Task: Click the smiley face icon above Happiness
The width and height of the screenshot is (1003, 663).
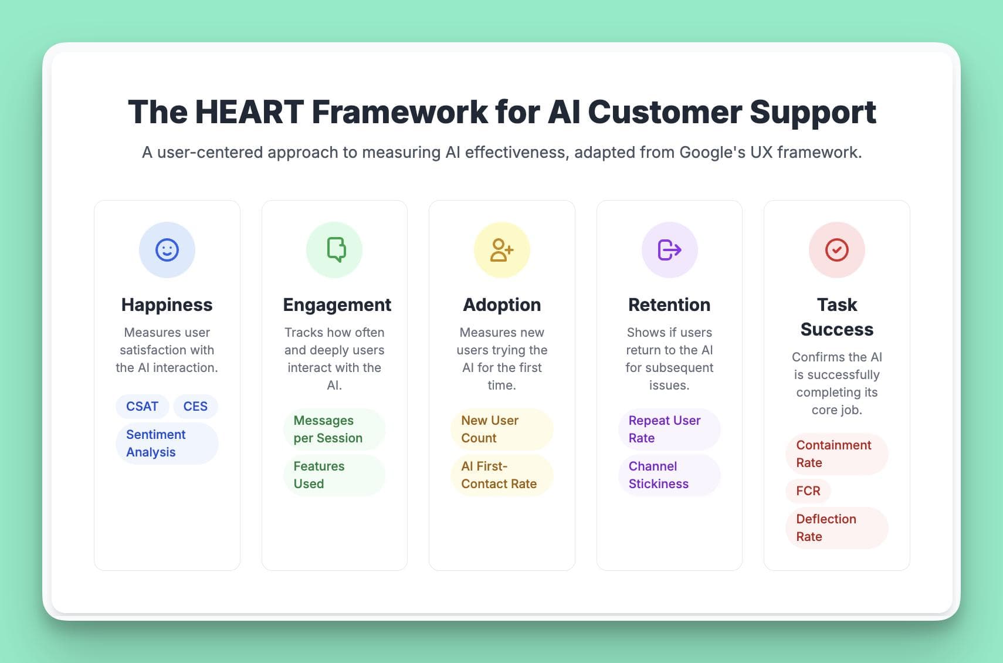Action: click(167, 250)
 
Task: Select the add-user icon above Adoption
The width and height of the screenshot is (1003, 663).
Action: click(502, 250)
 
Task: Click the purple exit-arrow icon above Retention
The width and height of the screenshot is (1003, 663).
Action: click(669, 250)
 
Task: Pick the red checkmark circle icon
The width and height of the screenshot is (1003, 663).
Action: click(836, 250)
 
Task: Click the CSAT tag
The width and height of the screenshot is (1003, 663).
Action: click(143, 407)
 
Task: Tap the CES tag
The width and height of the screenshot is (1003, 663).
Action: click(195, 407)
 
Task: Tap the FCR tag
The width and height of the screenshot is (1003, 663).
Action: click(808, 491)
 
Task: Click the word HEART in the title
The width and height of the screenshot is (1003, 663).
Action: click(249, 112)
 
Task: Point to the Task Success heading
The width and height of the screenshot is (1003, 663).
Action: click(836, 317)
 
